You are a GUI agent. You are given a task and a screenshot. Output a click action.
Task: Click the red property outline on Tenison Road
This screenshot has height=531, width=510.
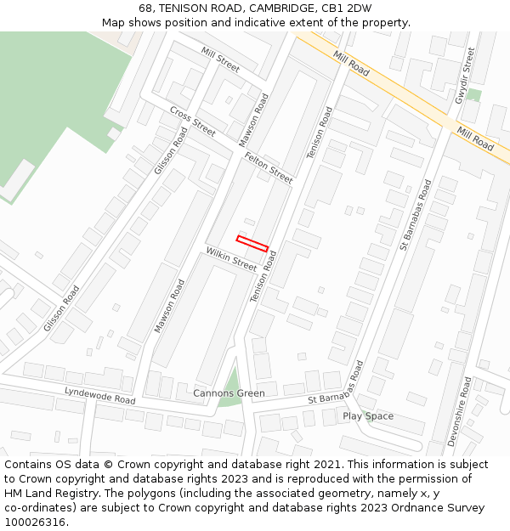[x=252, y=243]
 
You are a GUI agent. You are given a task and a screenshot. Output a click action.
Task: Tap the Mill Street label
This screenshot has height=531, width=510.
[x=221, y=58]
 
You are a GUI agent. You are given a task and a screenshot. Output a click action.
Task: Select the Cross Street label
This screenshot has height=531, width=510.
[x=192, y=121]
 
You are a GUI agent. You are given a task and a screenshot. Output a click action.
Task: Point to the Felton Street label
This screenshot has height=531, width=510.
[x=269, y=167]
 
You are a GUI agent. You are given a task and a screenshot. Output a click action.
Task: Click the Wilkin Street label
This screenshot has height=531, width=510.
[x=231, y=259]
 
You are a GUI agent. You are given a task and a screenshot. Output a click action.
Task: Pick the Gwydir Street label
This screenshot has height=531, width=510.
[x=464, y=76]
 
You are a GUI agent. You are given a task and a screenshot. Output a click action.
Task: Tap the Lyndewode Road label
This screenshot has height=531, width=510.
[x=100, y=394]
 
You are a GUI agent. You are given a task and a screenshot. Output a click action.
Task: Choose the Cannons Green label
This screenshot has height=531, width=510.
[x=229, y=393]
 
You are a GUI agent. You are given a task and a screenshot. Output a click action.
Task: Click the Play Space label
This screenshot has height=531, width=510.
[x=368, y=416]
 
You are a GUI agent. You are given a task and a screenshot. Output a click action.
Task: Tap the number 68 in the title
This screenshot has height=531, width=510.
[x=146, y=8]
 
